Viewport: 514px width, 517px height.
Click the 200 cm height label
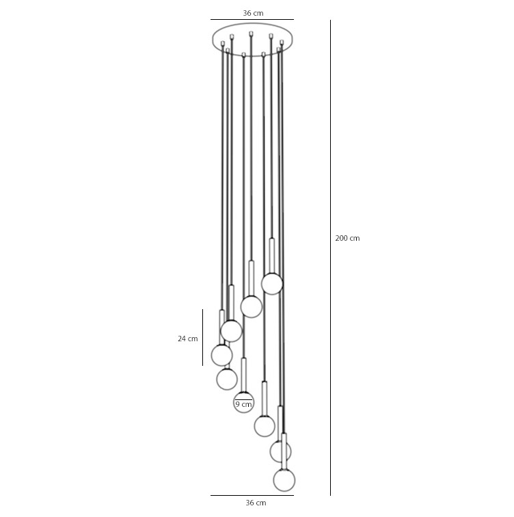coord(347,238)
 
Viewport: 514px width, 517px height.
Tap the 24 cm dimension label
coord(188,339)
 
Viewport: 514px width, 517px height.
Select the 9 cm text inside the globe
coord(243,404)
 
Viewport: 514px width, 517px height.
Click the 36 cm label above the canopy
coord(253,13)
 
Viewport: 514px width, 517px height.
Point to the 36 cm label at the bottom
coord(256,503)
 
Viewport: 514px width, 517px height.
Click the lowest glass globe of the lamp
coord(284,480)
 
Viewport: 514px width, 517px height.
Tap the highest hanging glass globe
coord(272,284)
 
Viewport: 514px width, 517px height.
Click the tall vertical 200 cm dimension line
coord(330,258)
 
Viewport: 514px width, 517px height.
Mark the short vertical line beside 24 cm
coord(202,337)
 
